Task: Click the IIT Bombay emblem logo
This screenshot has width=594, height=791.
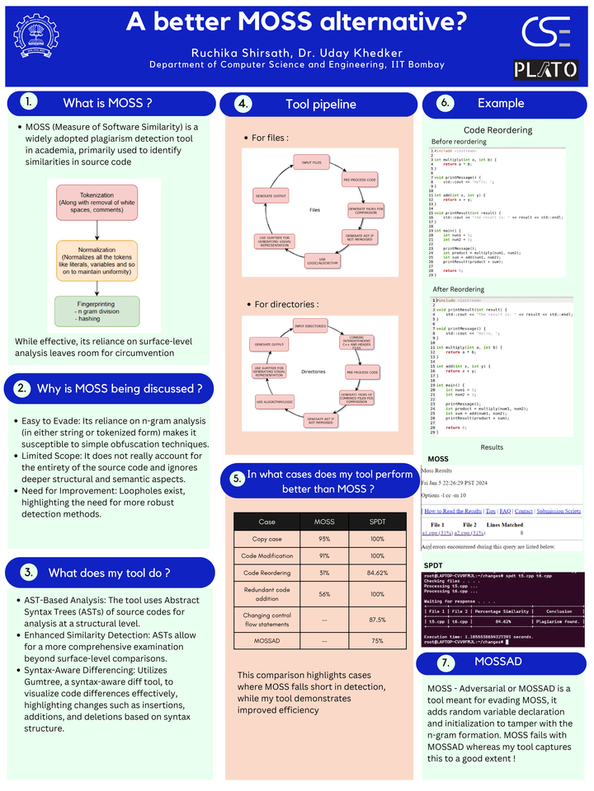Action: click(x=36, y=35)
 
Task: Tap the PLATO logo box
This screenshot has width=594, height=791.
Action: click(x=545, y=69)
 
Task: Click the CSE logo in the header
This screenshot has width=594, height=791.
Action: click(x=545, y=31)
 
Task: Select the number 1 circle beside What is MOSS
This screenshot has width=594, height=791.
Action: click(x=29, y=102)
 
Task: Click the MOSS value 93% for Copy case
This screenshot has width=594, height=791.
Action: click(x=325, y=539)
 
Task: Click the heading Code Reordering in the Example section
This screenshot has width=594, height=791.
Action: click(x=497, y=130)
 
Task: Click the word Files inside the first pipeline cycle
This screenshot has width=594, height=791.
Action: click(x=314, y=210)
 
